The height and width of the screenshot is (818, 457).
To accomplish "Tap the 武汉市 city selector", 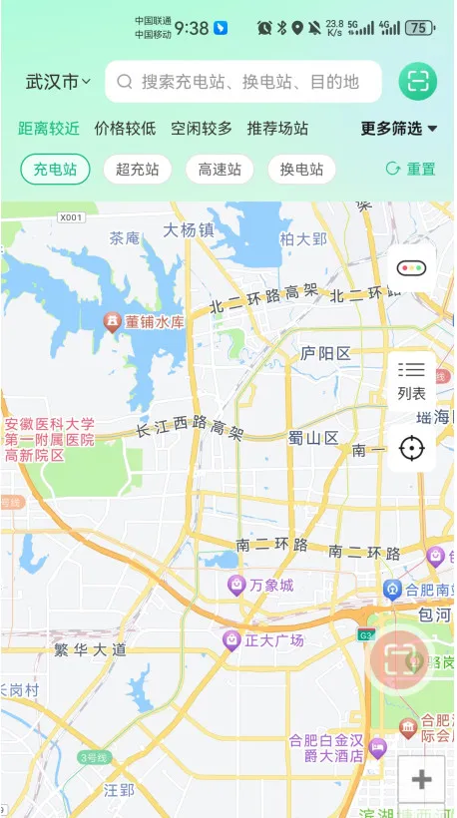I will pos(58,82).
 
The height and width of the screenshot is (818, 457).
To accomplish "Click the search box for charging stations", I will pos(243,82).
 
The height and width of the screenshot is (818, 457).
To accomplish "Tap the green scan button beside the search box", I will pos(418,82).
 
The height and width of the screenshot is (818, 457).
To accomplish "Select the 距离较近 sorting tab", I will pos(49,129).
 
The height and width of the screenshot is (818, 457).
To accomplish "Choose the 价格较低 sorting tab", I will pos(125,129).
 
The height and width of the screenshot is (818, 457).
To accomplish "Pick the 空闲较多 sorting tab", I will pos(201,129).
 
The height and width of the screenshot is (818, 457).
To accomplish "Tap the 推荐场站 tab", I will pos(277,129).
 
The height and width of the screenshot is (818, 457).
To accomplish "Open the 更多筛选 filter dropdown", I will pos(399,129).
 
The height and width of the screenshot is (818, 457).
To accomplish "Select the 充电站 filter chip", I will pos(55,170).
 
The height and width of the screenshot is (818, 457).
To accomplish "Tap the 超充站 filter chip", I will pos(137,170).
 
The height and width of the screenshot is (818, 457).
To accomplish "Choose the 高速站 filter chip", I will pos(220,170).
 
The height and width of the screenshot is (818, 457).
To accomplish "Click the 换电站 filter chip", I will pos(301,170).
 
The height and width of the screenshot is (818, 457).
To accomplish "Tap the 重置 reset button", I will pos(410,170).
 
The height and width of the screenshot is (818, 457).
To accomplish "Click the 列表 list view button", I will pos(411,380).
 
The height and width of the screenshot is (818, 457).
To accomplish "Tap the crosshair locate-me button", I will pos(411,448).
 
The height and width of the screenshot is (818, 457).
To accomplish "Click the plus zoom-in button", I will pos(421,779).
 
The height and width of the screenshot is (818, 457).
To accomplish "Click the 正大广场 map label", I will pos(265,640).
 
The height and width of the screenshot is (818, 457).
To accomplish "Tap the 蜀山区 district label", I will pos(313,438).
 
